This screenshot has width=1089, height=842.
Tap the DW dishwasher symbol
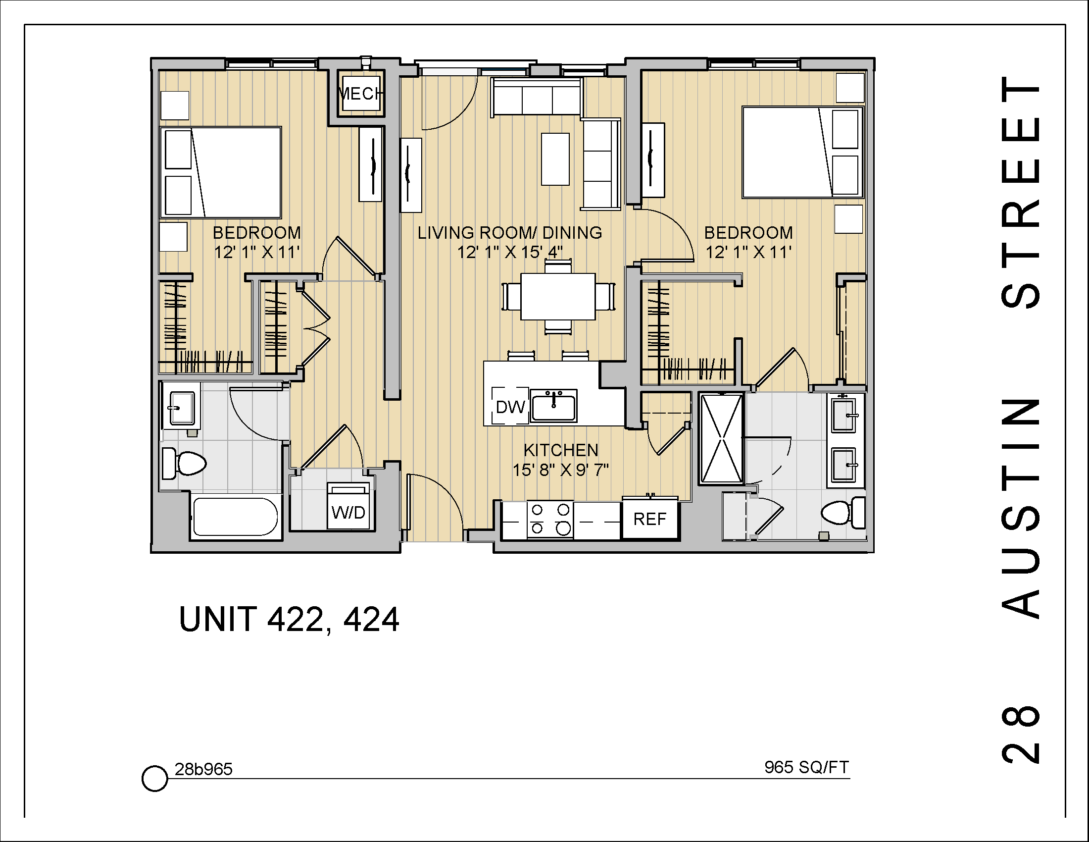510,407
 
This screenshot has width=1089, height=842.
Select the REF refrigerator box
650,519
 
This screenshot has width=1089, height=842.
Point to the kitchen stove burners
550,519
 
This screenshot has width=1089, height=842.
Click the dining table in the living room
557,296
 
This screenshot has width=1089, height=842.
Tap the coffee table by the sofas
555,159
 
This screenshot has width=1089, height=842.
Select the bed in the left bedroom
221,172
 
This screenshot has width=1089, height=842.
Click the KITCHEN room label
560,450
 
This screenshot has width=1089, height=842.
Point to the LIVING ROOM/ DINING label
509,233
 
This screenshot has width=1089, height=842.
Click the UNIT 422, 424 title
289,620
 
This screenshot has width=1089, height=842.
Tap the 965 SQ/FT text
806,767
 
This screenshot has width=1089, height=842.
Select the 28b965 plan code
203,770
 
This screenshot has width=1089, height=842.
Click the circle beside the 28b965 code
154,778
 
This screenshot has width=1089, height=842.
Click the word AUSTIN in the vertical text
1020,508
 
